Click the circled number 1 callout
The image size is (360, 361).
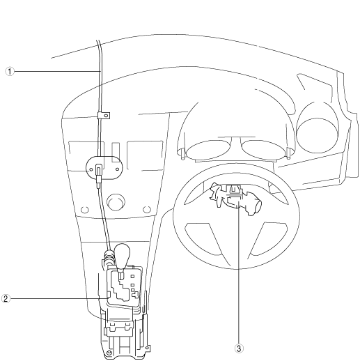point(10,71)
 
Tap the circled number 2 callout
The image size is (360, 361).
point(6,298)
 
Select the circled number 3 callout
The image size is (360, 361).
point(239,348)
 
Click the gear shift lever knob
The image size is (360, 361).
point(123,256)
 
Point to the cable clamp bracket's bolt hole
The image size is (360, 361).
point(106,116)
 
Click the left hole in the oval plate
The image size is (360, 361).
point(91,169)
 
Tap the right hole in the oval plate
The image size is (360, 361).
point(117,169)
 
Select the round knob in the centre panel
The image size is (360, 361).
point(116,202)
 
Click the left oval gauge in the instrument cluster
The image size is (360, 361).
point(208,150)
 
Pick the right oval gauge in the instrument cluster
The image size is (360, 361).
point(264,150)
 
